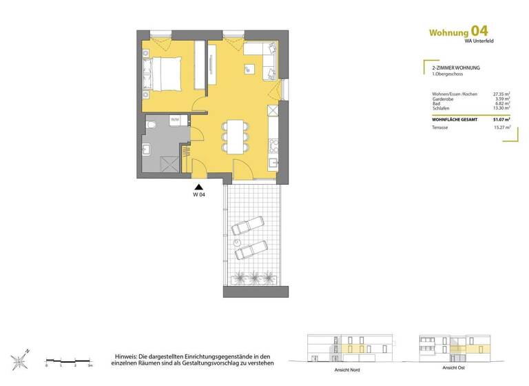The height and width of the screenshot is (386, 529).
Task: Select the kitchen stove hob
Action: click(274, 145)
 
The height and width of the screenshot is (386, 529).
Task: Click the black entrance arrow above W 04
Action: click(198, 186)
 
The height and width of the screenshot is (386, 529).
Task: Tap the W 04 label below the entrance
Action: click(198, 195)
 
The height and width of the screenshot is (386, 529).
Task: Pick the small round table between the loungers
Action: click(238, 243)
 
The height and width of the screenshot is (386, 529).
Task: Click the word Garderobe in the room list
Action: click(444, 99)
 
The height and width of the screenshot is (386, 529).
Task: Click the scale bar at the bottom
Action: click(68, 360)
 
